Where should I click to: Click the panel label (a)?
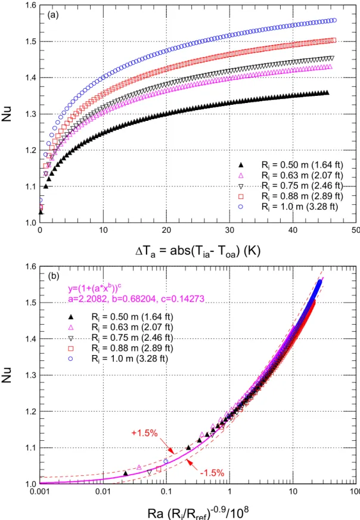coord(53,15)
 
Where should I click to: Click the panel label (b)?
coord(54,276)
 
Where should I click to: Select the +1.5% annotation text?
coord(144,433)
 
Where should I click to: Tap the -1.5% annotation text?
coord(212,472)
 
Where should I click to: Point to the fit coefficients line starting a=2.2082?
coord(136,299)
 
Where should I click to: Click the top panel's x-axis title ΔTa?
coord(198,250)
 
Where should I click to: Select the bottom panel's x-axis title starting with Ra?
coord(198,512)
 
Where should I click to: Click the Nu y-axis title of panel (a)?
coord(7,114)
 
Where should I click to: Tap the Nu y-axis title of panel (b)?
coord(7,375)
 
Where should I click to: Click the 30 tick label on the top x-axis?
coord(229,230)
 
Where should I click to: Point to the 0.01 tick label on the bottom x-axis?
coord(103,491)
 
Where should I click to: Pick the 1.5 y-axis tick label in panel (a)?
coord(30,42)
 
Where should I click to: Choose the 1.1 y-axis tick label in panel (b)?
coord(30,448)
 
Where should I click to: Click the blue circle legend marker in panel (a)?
coord(241,207)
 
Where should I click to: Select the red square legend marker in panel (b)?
coord(70,348)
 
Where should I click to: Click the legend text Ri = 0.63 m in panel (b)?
coord(132,328)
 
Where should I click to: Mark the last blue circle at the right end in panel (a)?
coord(334,20)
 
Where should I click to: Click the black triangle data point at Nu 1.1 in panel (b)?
coord(188,448)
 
